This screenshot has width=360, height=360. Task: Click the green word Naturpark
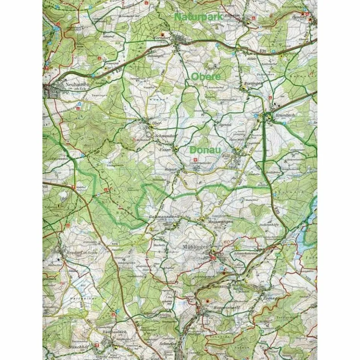click(x=198, y=17)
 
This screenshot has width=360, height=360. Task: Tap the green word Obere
click(x=206, y=76)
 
